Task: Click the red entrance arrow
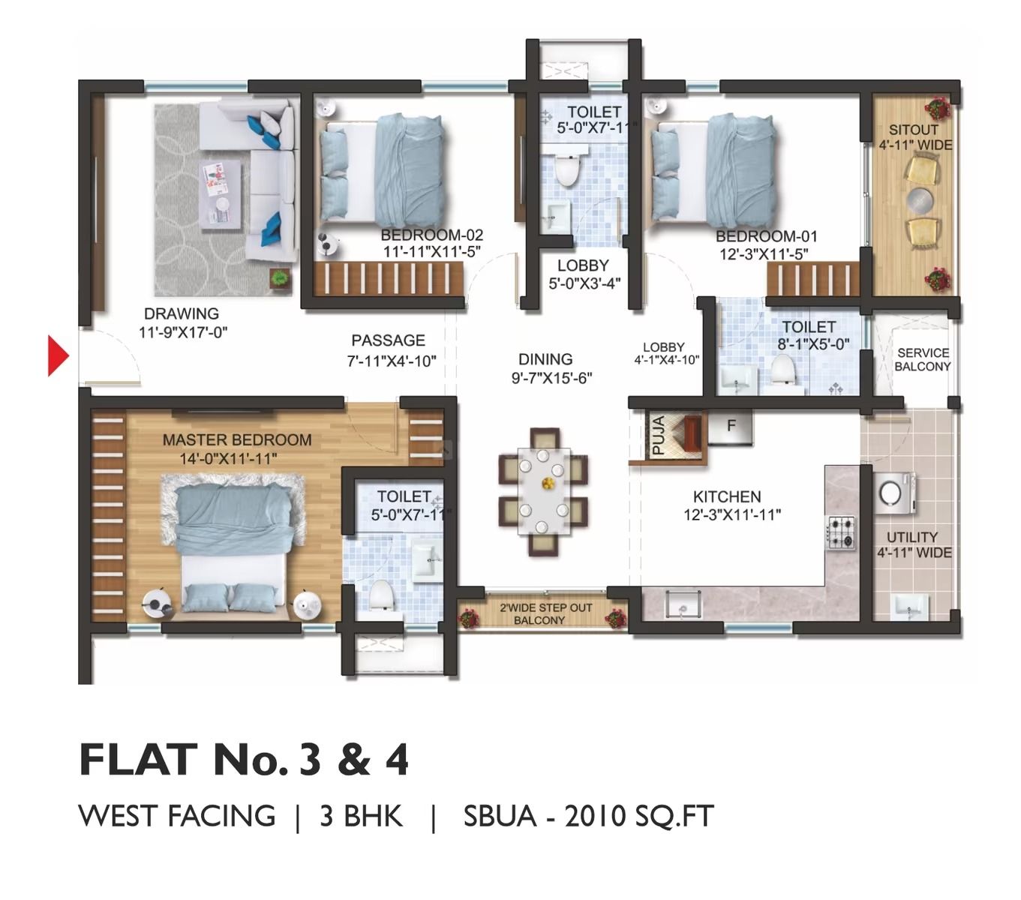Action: (x=57, y=355)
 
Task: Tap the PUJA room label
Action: (x=657, y=436)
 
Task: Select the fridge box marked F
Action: (x=730, y=427)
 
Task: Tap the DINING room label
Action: (x=545, y=359)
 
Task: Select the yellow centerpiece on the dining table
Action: (x=546, y=483)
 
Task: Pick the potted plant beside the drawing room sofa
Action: (x=281, y=277)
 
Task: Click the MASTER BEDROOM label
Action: (x=237, y=440)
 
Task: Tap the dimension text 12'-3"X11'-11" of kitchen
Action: (x=731, y=515)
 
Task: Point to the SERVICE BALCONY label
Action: (x=922, y=359)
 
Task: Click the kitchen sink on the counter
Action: (x=683, y=604)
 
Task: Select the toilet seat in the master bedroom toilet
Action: (x=380, y=595)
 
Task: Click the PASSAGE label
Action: (x=388, y=340)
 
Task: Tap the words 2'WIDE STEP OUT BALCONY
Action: (x=539, y=613)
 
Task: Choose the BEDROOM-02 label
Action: (x=431, y=235)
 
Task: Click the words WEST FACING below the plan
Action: (x=177, y=815)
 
